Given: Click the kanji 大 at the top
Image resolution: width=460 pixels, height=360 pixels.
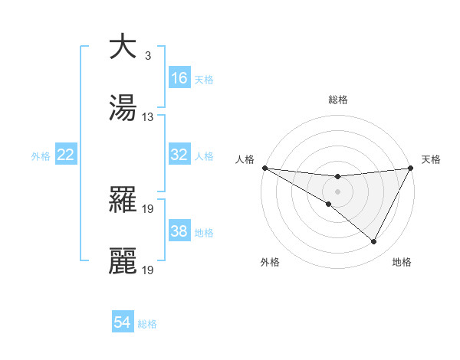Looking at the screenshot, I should pos(123,47).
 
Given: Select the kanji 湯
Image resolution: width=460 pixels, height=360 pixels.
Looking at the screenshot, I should pos(123,107).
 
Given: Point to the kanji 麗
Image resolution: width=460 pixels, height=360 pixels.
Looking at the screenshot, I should pos(123,260).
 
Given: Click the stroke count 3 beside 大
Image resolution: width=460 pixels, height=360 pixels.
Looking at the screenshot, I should pos(147,56).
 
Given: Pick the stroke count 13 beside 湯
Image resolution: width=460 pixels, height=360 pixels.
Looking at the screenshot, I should pos(148,117).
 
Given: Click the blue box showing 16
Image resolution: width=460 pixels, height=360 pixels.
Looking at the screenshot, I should pos(179,78).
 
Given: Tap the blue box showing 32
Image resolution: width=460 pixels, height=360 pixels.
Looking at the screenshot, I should pos(179,155).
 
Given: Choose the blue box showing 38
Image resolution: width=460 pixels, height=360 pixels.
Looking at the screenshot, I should pos(179,231).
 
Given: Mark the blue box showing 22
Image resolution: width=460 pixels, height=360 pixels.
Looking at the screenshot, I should pos(66,155).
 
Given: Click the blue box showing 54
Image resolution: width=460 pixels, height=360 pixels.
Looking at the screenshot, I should pos(123,322).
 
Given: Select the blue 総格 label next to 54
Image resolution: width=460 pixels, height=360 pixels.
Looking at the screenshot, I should pos(147,324).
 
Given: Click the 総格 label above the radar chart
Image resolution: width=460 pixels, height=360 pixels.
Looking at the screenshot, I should pos(337,100).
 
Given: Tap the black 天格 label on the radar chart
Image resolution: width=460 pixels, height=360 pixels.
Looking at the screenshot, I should pos(431,159).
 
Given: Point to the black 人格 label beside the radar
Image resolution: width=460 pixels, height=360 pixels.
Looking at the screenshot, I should pos(244,159).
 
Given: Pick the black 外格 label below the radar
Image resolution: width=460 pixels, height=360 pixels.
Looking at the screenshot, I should pos(270,262).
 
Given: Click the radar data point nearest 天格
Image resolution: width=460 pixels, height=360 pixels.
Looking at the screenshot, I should pos(411,168).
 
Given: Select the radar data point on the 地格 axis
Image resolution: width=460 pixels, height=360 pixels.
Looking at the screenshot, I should pos(373,242).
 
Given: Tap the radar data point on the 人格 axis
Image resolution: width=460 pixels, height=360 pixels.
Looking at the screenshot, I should pos(264,168).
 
